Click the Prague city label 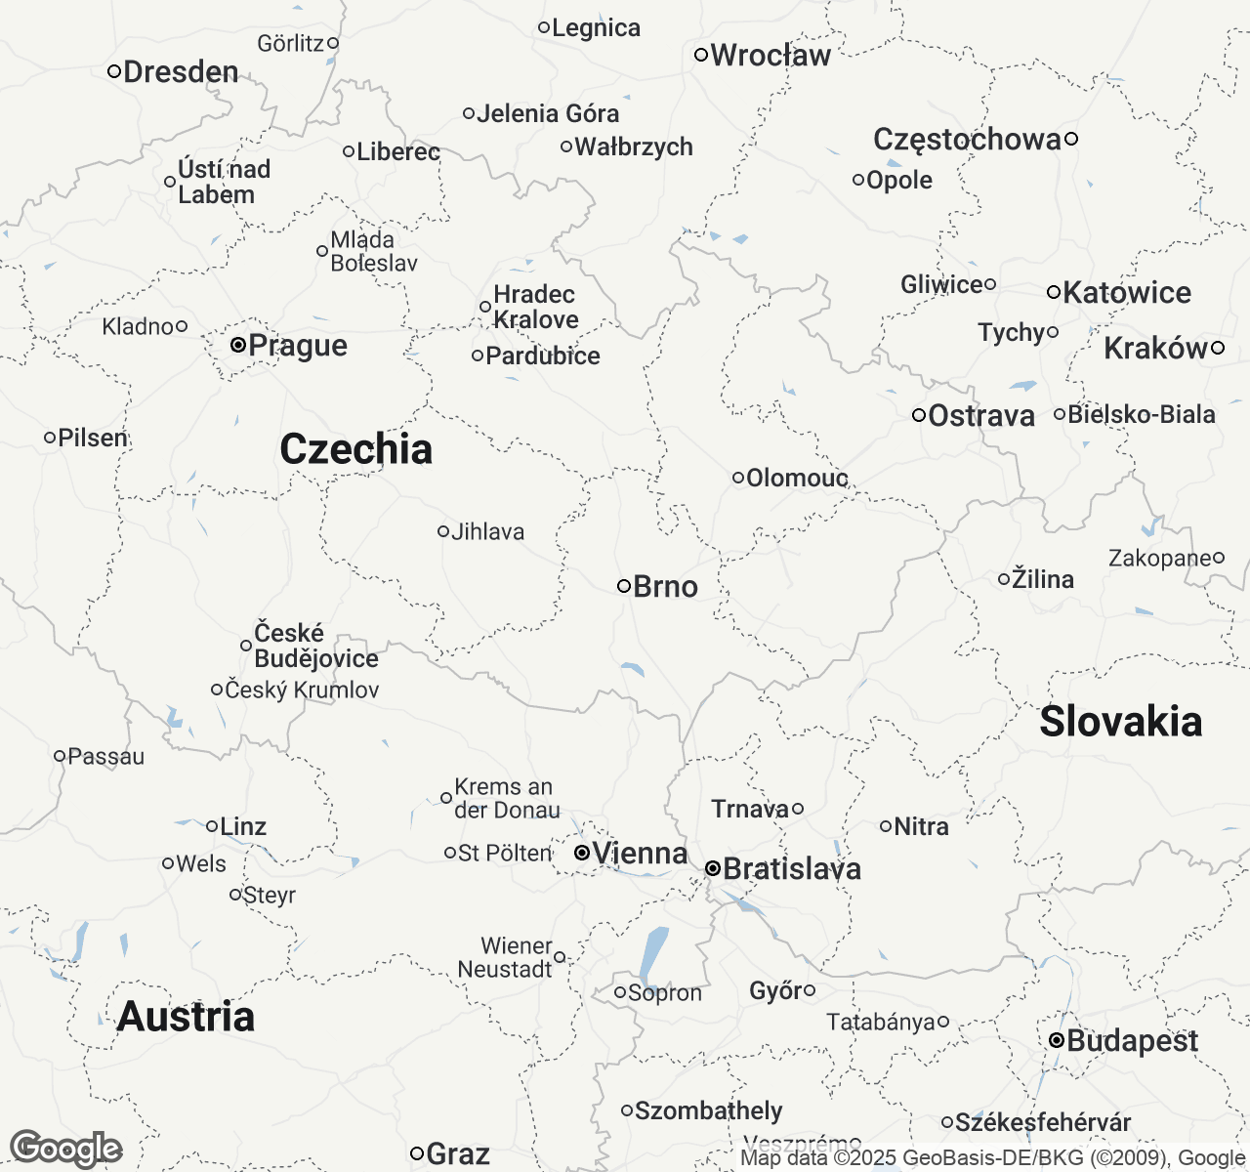(x=297, y=346)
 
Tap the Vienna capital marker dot (x=581, y=853)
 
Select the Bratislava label (x=791, y=869)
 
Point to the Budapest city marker (x=1056, y=1041)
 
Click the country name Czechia (x=355, y=449)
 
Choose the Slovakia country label (x=1120, y=722)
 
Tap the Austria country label (x=186, y=1017)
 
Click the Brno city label (x=665, y=587)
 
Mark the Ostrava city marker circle (x=918, y=415)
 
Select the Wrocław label (x=770, y=56)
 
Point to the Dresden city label (x=181, y=72)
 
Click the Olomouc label (x=796, y=479)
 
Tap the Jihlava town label (x=487, y=532)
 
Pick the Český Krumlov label (x=301, y=691)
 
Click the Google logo (x=65, y=1149)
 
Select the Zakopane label (x=1159, y=559)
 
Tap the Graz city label (x=457, y=1154)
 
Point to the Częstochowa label (x=966, y=140)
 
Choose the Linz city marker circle (x=211, y=826)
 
